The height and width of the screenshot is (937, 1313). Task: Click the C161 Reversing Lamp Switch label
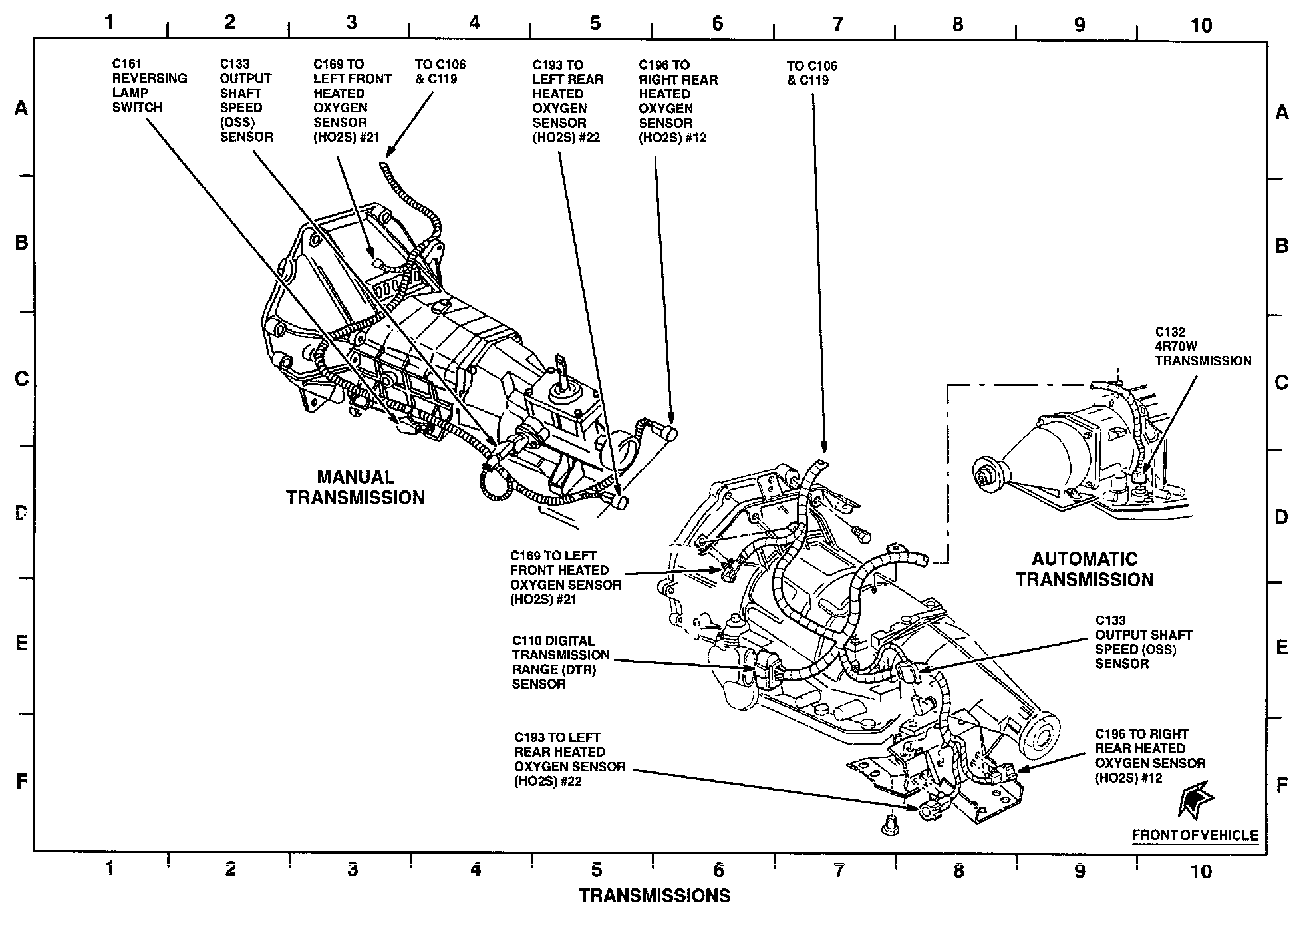tap(149, 85)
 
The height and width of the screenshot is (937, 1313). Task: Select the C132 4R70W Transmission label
tap(1203, 347)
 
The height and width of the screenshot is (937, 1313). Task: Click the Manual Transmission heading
tap(355, 487)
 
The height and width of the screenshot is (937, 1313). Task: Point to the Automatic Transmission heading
tap(1084, 569)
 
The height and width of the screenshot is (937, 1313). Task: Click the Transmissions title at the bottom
tap(654, 896)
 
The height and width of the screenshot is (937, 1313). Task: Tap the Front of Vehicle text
tap(1195, 835)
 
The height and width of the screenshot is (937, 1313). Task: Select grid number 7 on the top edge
tap(837, 25)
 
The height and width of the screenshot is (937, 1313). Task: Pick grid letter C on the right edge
tap(1282, 383)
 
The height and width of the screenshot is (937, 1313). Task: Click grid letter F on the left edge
tap(21, 781)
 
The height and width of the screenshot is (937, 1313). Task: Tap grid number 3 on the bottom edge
tap(353, 869)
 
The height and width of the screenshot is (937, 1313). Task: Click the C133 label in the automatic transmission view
tap(1143, 642)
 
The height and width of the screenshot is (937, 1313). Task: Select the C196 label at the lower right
tap(1150, 755)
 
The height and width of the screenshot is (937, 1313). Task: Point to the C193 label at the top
tap(567, 101)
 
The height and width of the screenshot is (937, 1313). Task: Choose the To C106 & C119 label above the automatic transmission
tap(811, 73)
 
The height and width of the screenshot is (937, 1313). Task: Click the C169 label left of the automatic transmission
tap(565, 578)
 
